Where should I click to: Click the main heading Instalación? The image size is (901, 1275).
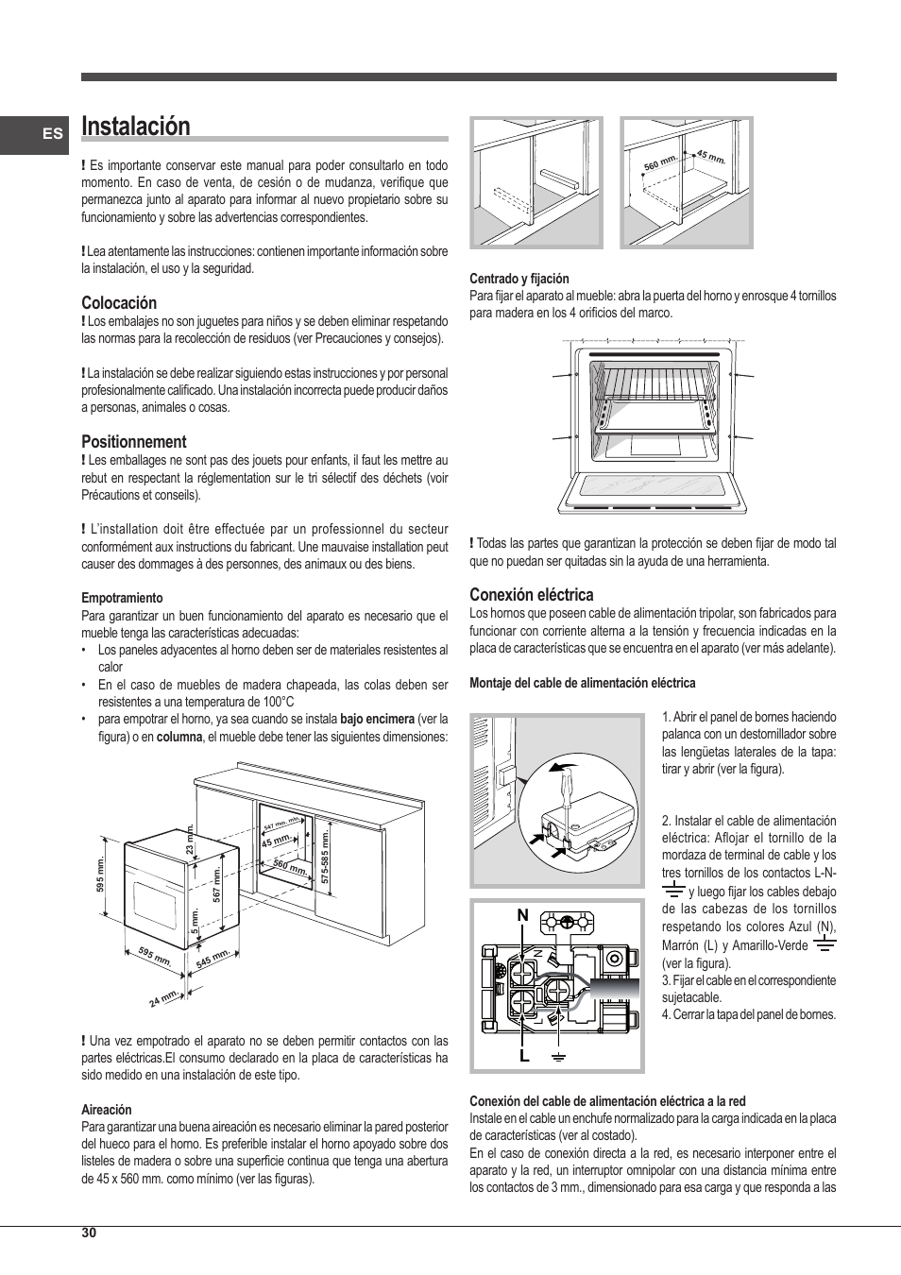tap(136, 127)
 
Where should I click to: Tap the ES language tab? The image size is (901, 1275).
tap(53, 134)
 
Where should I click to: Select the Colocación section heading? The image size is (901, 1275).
tap(119, 303)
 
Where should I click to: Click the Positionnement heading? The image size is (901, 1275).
tap(134, 442)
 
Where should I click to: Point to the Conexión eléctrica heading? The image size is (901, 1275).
tap(532, 595)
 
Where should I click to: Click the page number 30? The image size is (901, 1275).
tap(89, 1232)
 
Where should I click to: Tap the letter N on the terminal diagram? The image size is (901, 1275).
tap(522, 915)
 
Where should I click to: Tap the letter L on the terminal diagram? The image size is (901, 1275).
tap(524, 1057)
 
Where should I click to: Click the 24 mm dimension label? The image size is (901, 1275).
tap(163, 997)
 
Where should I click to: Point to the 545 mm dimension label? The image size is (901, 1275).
tap(213, 960)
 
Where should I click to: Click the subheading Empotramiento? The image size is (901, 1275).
tap(122, 599)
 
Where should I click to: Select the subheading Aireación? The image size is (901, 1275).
tap(107, 1110)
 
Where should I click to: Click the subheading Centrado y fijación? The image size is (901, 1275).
tap(519, 279)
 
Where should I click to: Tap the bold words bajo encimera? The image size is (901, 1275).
tap(377, 720)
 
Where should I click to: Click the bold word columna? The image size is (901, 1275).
tap(179, 737)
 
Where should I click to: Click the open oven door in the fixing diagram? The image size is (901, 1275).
tap(653, 491)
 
